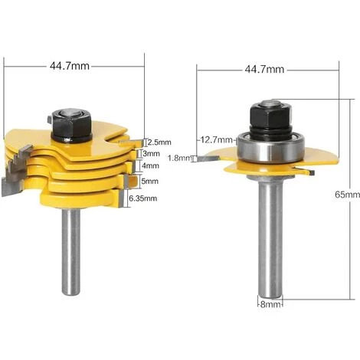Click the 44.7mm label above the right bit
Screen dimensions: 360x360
pyautogui.click(x=264, y=69)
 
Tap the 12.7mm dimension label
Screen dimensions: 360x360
pyautogui.click(x=216, y=139)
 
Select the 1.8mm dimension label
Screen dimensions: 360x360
pyautogui.click(x=200, y=158)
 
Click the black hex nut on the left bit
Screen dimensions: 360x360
pyautogui.click(x=70, y=123)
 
